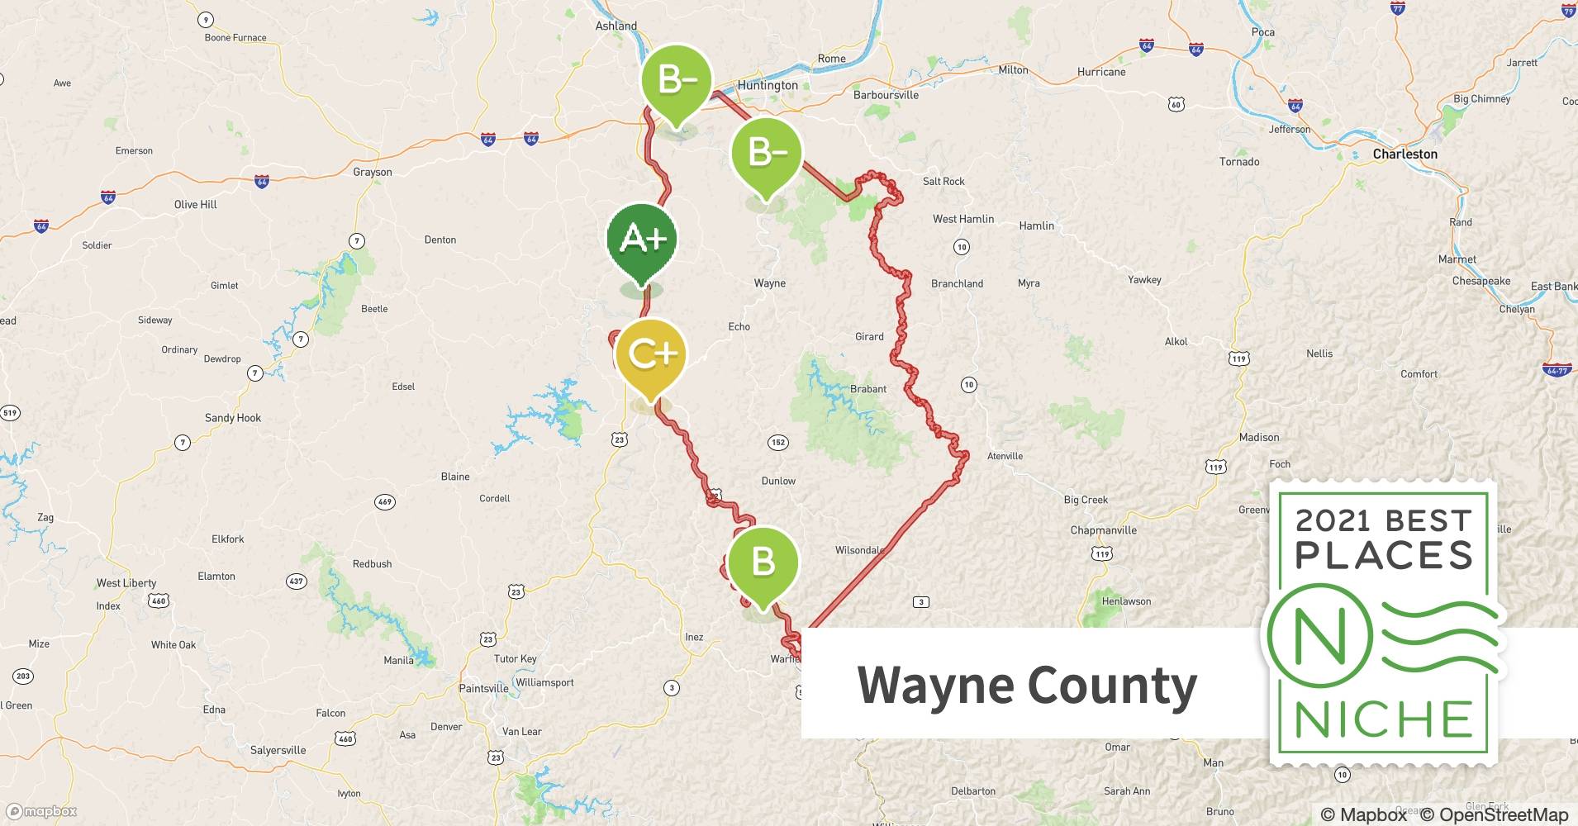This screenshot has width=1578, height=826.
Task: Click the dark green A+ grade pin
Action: pyautogui.click(x=642, y=240)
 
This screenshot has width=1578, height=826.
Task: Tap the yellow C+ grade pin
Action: pyautogui.click(x=651, y=354)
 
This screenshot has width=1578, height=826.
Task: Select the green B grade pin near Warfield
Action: pyautogui.click(x=763, y=563)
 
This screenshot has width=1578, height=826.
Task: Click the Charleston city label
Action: pyautogui.click(x=1405, y=154)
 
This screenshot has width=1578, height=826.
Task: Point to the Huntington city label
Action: pyautogui.click(x=768, y=85)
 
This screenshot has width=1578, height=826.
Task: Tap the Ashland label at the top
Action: pyautogui.click(x=616, y=26)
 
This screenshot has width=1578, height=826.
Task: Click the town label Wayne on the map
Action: pyautogui.click(x=769, y=283)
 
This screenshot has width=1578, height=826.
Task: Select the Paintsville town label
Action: pyautogui.click(x=483, y=689)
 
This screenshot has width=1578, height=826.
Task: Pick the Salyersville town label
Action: pyautogui.click(x=278, y=751)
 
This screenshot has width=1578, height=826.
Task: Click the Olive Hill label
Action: pyautogui.click(x=195, y=205)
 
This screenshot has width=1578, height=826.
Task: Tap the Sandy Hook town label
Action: pyautogui.click(x=233, y=418)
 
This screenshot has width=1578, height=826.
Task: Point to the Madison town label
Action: pyautogui.click(x=1259, y=438)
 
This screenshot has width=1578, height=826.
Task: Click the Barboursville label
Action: pyautogui.click(x=886, y=95)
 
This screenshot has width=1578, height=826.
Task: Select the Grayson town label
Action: pyautogui.click(x=373, y=173)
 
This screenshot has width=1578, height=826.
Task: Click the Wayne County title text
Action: pyautogui.click(x=1027, y=685)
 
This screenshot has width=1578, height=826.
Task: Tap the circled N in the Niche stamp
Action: pyautogui.click(x=1319, y=636)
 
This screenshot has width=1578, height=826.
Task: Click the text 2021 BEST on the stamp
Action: pyautogui.click(x=1383, y=521)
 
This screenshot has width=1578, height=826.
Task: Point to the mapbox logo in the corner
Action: pyautogui.click(x=41, y=811)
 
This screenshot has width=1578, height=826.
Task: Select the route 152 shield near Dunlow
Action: pyautogui.click(x=777, y=443)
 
